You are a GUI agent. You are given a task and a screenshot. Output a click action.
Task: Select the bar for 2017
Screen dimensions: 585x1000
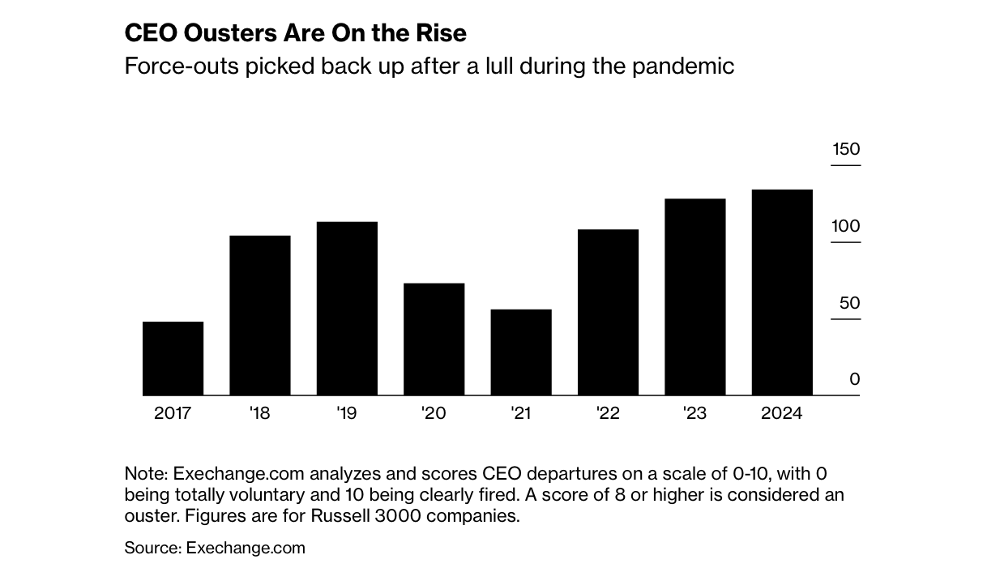[x=173, y=358]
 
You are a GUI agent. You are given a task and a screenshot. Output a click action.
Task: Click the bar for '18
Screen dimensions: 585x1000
[x=260, y=315]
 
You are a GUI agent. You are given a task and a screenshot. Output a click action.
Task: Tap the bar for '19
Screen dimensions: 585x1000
[x=347, y=308]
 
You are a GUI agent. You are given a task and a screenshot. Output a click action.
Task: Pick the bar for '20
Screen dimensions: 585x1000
[x=434, y=339]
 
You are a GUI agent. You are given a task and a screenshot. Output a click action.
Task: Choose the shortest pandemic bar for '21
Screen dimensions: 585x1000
[x=521, y=352]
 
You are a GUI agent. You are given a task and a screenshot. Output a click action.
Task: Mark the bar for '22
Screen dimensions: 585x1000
[x=608, y=312]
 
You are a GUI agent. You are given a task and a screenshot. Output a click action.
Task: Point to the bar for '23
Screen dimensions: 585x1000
[x=694, y=297]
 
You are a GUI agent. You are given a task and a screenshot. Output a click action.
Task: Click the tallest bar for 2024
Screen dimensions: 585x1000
[x=782, y=292]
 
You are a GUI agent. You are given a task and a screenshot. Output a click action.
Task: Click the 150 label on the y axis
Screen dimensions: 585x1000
[x=846, y=149]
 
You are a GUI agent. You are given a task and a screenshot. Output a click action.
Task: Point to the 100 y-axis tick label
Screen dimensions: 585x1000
[x=846, y=226]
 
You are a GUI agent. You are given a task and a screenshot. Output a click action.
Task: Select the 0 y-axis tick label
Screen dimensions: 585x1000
[x=855, y=379]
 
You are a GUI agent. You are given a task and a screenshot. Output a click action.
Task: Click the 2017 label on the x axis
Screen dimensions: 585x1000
[x=173, y=413]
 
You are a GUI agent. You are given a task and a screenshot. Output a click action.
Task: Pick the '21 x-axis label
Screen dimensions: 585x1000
[x=521, y=413]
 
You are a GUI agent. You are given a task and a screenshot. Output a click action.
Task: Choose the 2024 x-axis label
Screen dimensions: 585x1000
[x=782, y=413]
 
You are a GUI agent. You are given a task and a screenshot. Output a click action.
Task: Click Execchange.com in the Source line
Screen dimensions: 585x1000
[x=246, y=548]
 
